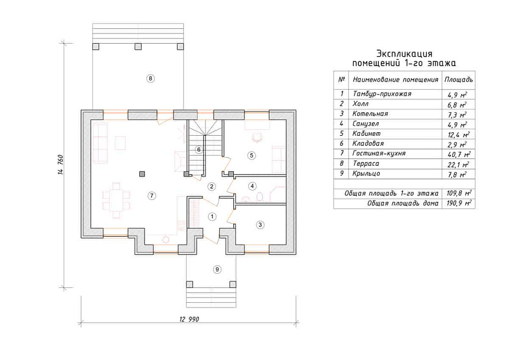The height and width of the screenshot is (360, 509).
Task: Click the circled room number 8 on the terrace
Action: click(151, 78)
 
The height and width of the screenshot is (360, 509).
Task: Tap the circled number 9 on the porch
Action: click(217, 269)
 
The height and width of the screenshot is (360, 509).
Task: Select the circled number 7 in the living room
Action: click(151, 195)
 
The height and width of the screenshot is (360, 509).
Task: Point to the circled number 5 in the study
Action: click(252, 155)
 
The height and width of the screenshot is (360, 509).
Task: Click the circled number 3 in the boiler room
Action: click(260, 225)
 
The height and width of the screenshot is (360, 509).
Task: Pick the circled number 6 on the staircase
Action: click(199, 149)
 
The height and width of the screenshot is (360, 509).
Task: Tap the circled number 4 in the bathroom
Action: click(252, 186)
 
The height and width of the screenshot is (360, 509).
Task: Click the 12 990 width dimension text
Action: click(189, 319)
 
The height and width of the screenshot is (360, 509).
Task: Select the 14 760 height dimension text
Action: click(61, 165)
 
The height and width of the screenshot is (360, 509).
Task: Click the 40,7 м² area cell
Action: click(459, 154)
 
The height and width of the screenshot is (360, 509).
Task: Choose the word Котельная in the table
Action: click(370, 113)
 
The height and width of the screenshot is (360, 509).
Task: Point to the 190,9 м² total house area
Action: click(459, 204)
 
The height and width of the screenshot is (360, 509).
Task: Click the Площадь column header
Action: click(458, 80)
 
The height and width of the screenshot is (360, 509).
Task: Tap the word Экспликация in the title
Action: click(404, 54)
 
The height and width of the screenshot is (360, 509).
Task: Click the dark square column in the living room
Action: click(142, 174)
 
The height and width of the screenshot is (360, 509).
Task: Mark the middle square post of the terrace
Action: click(138, 47)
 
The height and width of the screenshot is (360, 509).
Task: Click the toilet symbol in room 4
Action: click(259, 197)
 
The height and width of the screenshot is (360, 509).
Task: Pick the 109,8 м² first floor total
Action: click(459, 194)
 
